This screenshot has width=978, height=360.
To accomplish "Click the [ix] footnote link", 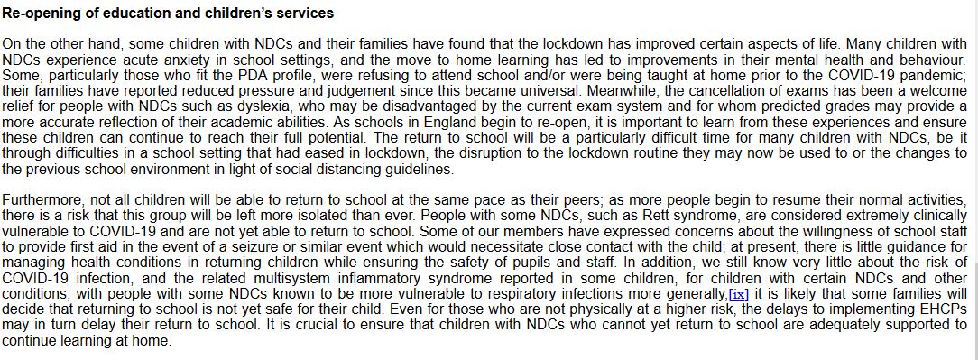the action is tap(739, 294).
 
